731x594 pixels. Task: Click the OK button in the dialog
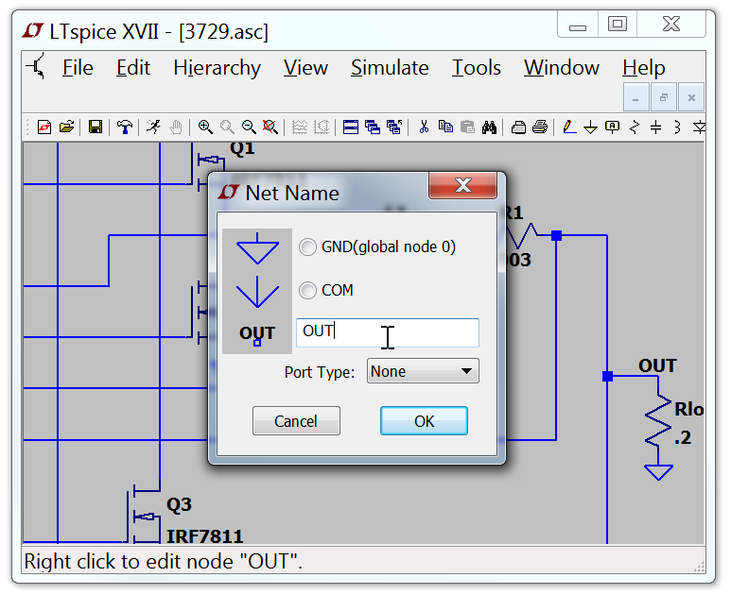(424, 421)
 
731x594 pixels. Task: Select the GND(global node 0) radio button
(308, 246)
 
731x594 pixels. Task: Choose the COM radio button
(308, 290)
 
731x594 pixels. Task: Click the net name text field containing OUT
(388, 332)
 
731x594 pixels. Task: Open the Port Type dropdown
(423, 371)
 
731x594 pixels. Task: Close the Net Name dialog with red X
(462, 185)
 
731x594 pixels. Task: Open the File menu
(78, 68)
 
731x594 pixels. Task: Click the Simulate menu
(390, 68)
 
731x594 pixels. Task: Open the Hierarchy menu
(217, 68)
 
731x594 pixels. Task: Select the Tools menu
(477, 68)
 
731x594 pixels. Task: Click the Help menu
(643, 68)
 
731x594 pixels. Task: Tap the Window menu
(562, 68)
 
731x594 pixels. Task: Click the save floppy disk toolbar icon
(96, 127)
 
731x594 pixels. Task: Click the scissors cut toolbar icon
(424, 127)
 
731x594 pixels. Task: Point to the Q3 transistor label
(179, 505)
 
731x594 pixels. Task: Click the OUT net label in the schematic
(657, 365)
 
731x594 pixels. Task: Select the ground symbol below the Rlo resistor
(657, 471)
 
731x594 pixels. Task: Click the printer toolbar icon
(540, 127)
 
